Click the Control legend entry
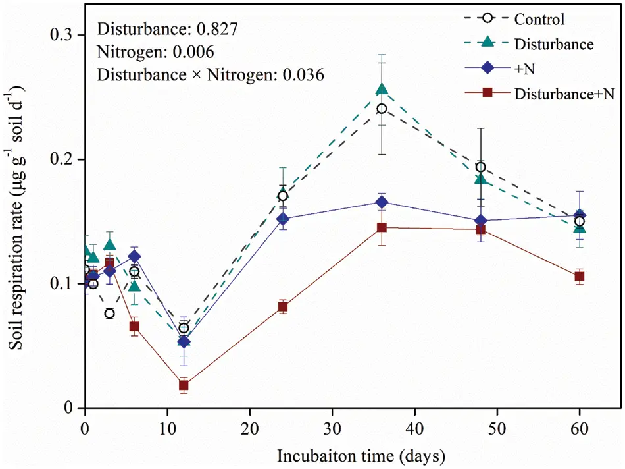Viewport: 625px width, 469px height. click(539, 20)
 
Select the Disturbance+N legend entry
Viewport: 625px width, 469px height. click(564, 94)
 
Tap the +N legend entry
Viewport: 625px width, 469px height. click(524, 69)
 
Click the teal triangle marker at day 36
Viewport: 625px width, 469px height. click(382, 89)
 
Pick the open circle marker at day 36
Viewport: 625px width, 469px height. click(382, 109)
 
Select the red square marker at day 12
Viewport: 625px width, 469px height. click(184, 385)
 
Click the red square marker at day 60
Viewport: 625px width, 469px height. click(579, 277)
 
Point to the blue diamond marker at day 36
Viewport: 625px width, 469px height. click(382, 202)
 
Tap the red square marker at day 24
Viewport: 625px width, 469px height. click(283, 306)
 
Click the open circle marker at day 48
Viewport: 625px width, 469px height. click(480, 167)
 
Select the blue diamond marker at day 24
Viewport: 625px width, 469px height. click(283, 219)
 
